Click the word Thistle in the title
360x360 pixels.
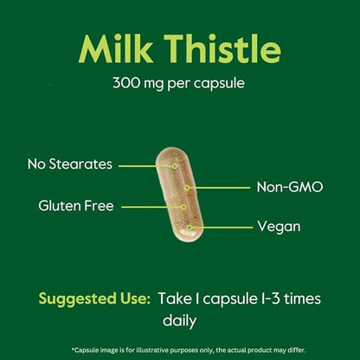(218, 51)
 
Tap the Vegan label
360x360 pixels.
(279, 227)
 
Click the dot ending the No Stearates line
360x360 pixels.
(174, 164)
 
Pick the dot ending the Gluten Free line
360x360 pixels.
(183, 207)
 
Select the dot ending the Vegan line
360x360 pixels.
(190, 227)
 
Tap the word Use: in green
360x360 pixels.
(132, 299)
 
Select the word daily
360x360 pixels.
(180, 319)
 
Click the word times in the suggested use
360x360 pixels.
(298, 299)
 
